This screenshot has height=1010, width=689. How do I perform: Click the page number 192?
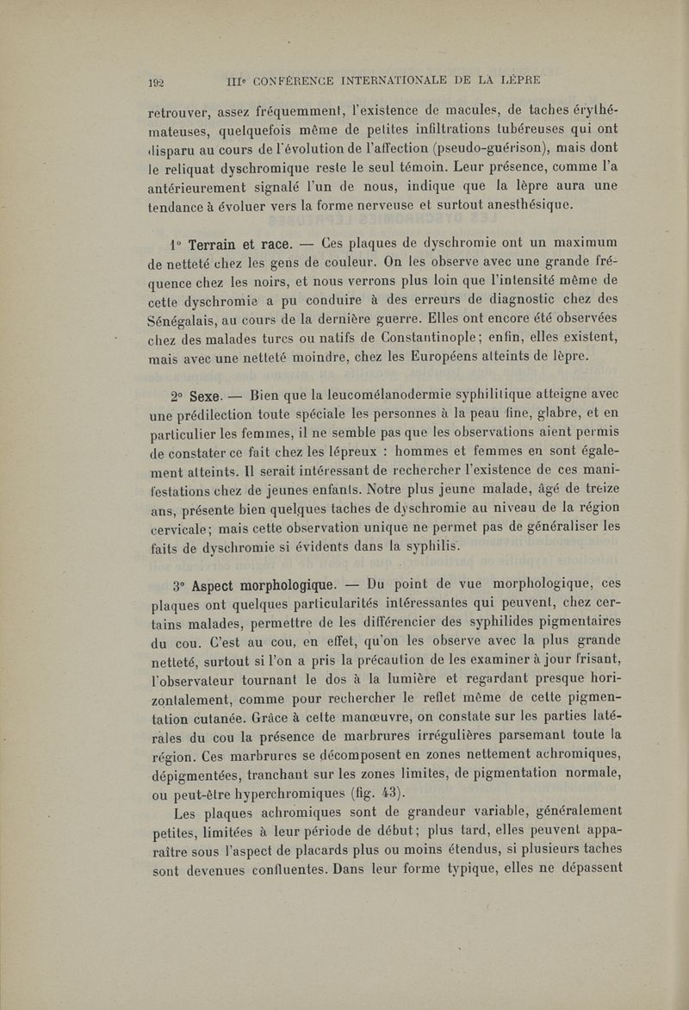pyautogui.click(x=156, y=84)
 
